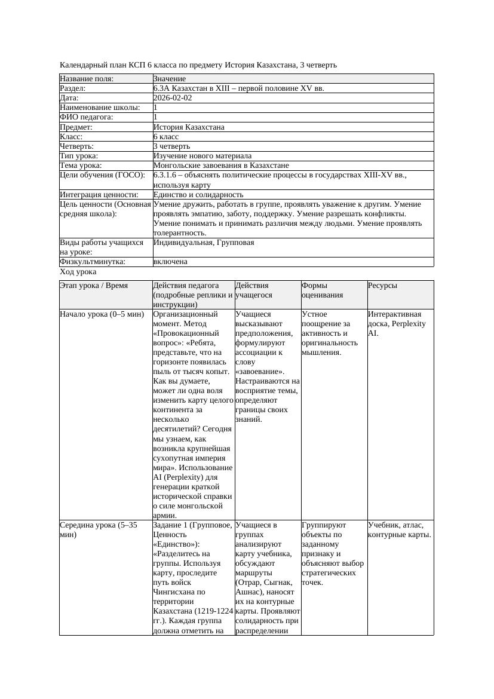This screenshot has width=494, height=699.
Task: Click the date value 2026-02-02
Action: point(173,98)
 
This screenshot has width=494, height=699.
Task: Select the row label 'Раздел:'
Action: point(73,88)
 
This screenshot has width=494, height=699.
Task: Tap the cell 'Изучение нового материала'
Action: point(202,156)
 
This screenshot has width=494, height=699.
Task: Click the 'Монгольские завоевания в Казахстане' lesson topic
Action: point(221,165)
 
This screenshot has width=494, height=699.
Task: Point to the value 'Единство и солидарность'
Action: point(198,195)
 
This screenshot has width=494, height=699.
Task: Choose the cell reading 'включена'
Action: point(170,262)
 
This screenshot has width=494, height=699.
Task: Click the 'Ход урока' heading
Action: point(78,272)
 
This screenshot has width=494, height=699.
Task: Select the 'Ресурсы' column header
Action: point(382,286)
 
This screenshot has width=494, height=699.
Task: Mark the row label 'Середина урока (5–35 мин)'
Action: point(99,530)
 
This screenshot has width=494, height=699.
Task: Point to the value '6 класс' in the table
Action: point(166,137)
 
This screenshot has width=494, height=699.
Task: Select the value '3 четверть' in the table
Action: point(171,146)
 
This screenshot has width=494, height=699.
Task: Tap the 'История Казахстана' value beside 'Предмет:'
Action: point(189,127)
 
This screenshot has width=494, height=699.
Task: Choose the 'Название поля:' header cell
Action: point(87,79)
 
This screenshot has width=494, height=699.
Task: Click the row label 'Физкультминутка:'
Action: point(92,262)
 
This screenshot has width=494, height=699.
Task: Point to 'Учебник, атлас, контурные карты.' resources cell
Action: point(399,530)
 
